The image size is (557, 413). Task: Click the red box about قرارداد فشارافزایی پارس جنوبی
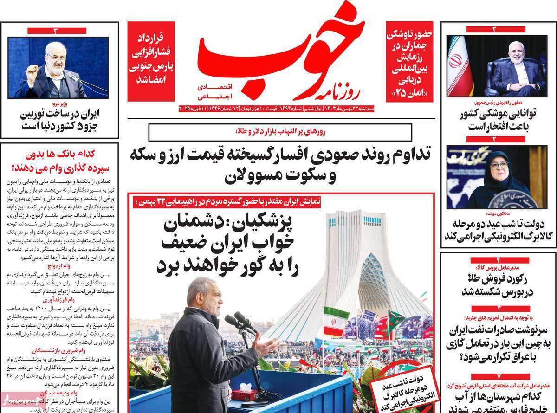coord(151,60)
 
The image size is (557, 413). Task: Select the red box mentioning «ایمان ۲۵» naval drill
coord(410,60)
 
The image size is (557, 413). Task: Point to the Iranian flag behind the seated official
coord(458,65)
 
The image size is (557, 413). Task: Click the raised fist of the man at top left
coord(32,74)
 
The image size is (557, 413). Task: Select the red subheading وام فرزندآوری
coord(58,299)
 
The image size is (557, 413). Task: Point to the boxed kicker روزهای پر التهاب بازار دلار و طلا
coord(281,132)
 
